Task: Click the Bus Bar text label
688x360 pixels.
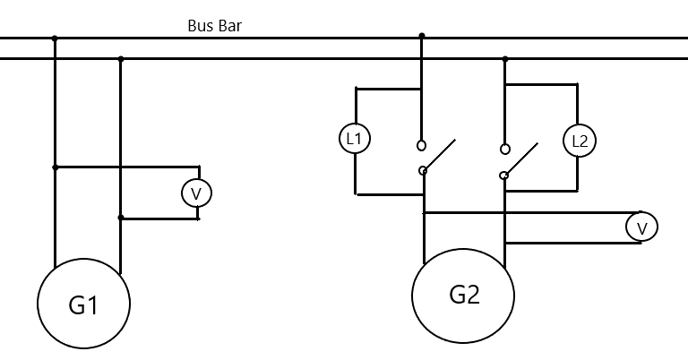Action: pos(215,26)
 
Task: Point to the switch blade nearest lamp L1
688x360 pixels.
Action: pos(440,155)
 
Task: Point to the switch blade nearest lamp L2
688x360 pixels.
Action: pos(522,159)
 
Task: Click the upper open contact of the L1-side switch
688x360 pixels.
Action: pos(421,145)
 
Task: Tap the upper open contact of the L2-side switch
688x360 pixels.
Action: pos(505,149)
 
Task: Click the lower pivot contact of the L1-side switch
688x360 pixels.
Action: pos(423,170)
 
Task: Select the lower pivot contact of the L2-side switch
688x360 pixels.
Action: pos(503,176)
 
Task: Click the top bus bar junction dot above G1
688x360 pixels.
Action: pos(55,39)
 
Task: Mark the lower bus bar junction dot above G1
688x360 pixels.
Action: pos(121,59)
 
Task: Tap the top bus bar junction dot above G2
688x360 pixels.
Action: pos(422,36)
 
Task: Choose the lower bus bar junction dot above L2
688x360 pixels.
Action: pos(505,59)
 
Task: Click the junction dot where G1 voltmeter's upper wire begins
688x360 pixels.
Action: pos(55,167)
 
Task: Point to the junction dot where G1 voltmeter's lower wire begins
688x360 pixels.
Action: pos(121,218)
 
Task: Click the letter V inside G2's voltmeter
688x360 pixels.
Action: pos(642,228)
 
